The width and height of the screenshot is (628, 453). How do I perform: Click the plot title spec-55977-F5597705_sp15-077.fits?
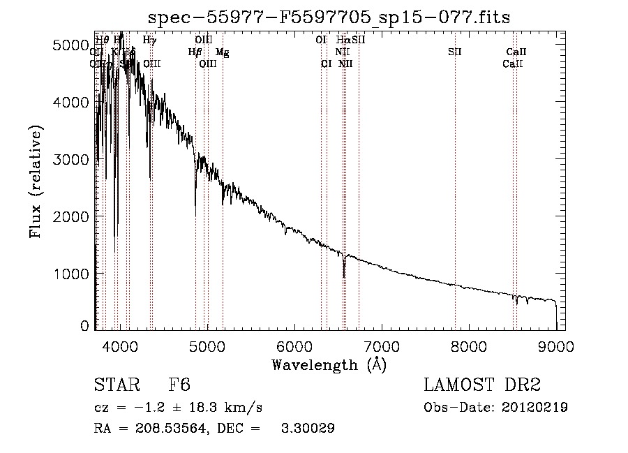coord(329,17)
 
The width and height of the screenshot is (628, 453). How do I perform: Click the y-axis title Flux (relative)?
coord(36,181)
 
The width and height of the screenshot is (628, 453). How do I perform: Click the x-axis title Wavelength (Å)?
coord(329,364)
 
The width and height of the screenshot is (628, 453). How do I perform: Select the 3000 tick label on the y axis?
coord(72,160)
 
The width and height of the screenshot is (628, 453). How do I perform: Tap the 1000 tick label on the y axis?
coord(72,274)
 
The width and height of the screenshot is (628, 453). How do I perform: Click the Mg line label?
coord(222,52)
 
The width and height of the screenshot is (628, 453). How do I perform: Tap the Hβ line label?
coord(195,52)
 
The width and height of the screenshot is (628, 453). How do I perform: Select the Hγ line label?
coord(149,40)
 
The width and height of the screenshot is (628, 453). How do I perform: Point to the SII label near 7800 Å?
coord(455,52)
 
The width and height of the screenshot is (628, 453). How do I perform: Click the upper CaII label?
coord(516,52)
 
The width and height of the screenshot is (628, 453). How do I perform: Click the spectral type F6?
coord(180,386)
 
